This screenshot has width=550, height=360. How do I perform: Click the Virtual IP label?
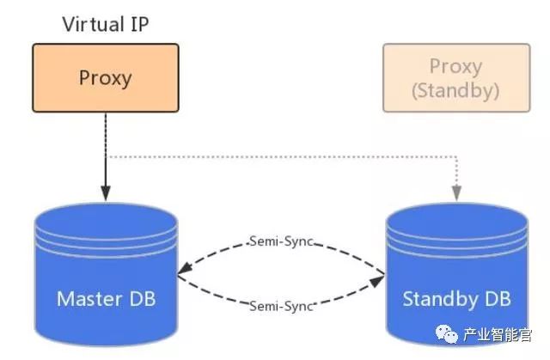(x=106, y=23)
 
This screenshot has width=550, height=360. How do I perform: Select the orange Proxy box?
(x=106, y=78)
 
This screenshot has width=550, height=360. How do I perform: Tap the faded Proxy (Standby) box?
(x=455, y=78)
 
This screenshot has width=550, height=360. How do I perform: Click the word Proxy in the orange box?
(x=106, y=78)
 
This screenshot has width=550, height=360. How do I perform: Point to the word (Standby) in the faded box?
(x=455, y=88)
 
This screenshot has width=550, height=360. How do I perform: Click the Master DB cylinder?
(x=106, y=275)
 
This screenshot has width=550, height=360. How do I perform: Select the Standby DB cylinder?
(x=456, y=275)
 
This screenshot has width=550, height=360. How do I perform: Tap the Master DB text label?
(x=106, y=299)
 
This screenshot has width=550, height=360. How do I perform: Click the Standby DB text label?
(x=456, y=299)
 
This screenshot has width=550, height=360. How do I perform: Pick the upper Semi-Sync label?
(x=281, y=241)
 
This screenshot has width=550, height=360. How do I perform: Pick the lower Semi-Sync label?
(x=281, y=307)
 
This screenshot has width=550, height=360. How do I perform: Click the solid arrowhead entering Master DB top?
(x=106, y=192)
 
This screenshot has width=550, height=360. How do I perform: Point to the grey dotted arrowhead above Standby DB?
(x=456, y=192)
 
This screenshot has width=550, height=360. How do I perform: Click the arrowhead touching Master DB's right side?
(x=182, y=273)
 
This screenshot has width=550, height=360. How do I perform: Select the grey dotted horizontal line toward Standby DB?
(x=284, y=157)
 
